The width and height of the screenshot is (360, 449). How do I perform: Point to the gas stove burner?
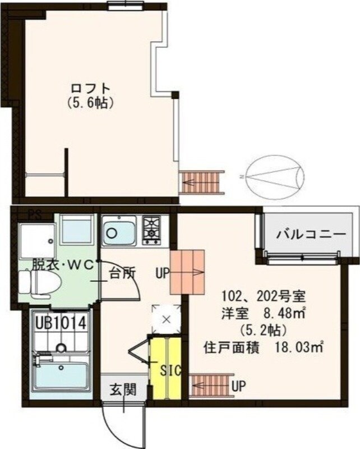point(151,230)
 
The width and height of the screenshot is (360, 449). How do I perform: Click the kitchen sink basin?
point(118,231)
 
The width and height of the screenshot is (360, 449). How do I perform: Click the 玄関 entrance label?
point(123,389)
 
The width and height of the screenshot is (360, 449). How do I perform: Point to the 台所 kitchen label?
point(122,274)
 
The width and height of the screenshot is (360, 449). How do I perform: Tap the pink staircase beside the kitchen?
point(188,272)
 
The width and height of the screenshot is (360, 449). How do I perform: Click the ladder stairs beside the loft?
point(202,181)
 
